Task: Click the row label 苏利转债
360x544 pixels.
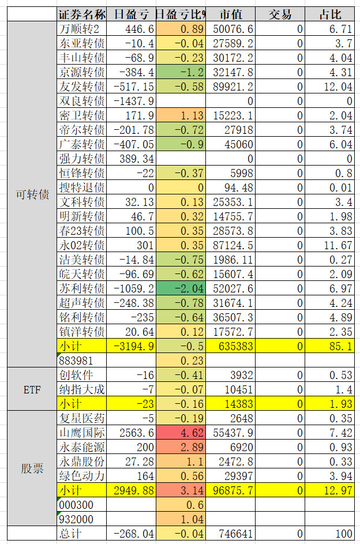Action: (x=82, y=288)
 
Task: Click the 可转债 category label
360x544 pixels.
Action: (x=32, y=194)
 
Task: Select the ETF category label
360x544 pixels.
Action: (x=32, y=389)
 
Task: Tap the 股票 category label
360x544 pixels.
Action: (x=32, y=468)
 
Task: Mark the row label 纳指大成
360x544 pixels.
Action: (x=82, y=389)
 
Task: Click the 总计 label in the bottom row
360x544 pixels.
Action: (x=70, y=534)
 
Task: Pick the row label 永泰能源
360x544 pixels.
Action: (x=82, y=447)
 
